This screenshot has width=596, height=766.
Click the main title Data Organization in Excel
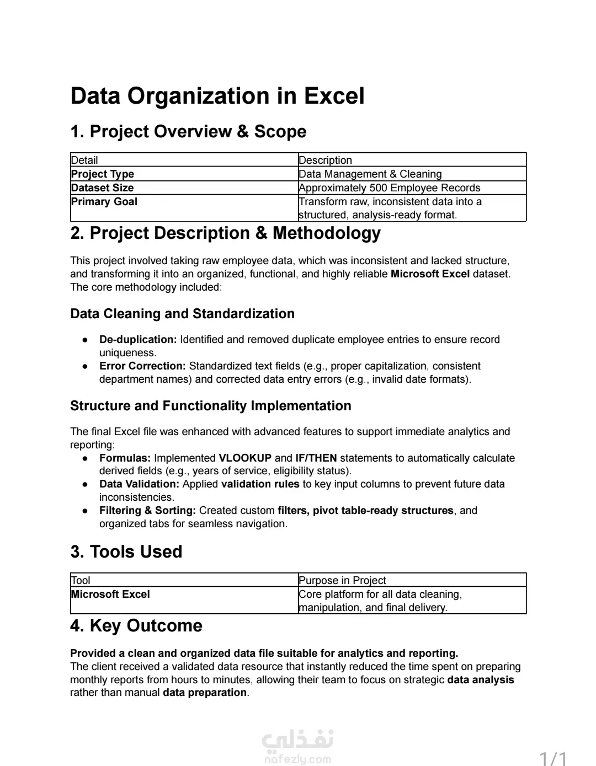point(217,96)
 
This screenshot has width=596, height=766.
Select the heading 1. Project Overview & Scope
point(188,132)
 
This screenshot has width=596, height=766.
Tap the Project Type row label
point(103,174)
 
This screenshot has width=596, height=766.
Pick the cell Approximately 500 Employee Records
point(389,188)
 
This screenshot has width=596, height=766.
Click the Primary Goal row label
point(104,202)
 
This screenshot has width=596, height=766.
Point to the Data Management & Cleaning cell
point(370,174)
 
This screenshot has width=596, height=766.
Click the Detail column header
point(84,160)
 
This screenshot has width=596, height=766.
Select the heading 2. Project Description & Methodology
point(225,233)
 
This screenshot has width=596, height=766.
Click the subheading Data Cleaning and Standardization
point(182,314)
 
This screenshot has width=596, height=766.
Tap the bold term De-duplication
point(138,340)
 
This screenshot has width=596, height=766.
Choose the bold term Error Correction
point(142,366)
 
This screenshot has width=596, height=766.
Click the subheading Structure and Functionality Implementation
point(210,406)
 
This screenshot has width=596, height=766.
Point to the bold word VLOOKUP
point(245,458)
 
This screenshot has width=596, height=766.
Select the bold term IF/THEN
point(316,458)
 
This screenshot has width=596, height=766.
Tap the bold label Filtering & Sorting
point(147,511)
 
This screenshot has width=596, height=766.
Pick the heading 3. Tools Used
point(126,552)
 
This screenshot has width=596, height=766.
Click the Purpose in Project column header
point(342,581)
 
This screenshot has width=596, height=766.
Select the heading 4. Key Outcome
point(136,626)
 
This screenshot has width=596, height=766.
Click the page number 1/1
point(553,759)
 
